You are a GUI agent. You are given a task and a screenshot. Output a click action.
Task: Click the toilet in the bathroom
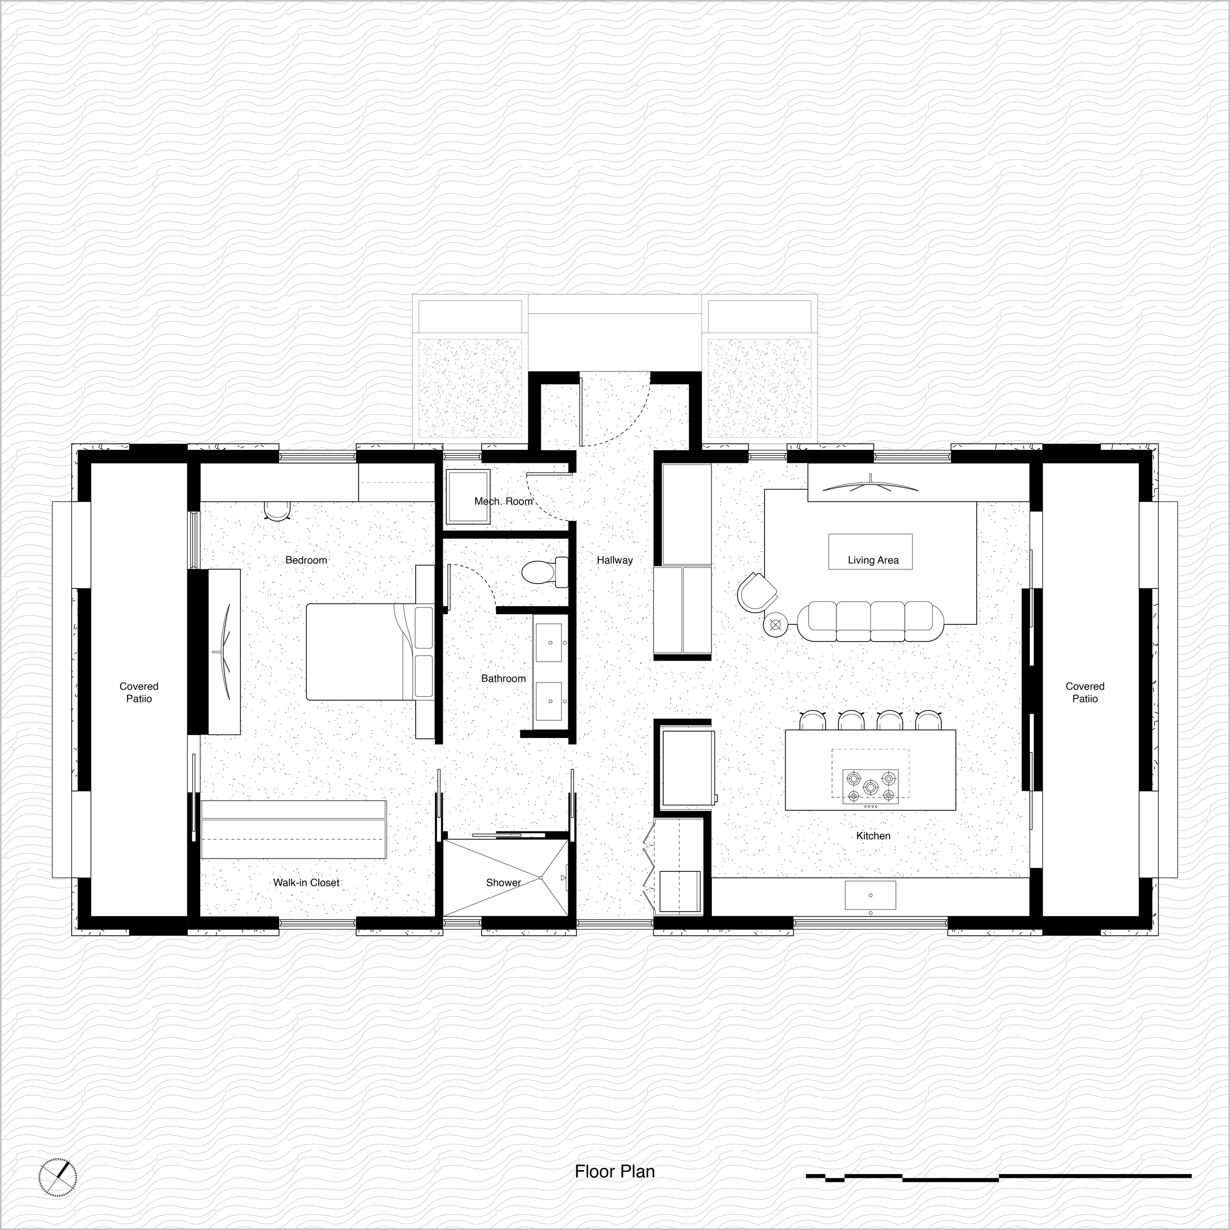[545, 572]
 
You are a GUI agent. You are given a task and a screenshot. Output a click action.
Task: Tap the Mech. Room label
[503, 501]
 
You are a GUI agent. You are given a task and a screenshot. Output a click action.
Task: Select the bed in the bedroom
[369, 652]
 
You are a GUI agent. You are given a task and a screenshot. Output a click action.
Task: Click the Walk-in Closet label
[306, 882]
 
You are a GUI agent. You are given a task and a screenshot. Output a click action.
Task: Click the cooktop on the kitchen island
[870, 786]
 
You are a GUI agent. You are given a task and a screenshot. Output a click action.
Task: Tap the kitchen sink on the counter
[870, 894]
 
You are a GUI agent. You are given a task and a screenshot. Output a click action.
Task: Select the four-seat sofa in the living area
[870, 621]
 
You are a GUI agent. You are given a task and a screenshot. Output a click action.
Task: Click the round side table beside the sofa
[776, 624]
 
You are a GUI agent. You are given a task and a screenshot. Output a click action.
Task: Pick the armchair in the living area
[758, 591]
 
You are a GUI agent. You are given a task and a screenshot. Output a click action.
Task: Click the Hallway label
[615, 560]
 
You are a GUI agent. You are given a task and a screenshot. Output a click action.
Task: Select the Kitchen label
[873, 835]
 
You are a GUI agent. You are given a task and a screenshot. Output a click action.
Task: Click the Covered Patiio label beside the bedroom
[139, 692]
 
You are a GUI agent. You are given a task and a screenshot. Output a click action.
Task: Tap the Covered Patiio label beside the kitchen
[1085, 692]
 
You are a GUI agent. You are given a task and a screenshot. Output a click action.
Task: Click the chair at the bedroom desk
[277, 510]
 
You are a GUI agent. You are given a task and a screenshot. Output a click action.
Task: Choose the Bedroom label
[306, 560]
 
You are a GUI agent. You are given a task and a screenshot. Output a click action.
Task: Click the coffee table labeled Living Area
[870, 552]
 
